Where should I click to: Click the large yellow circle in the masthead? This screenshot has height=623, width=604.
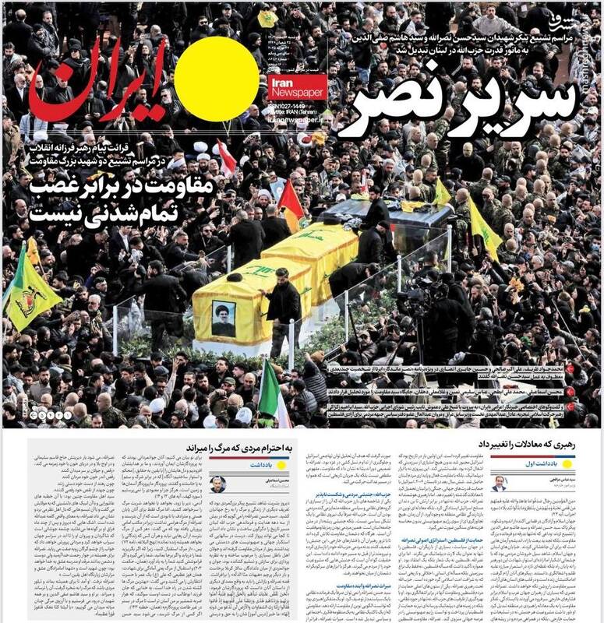click(x=216, y=79)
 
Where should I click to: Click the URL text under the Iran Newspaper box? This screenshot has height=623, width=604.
click(x=297, y=120)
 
